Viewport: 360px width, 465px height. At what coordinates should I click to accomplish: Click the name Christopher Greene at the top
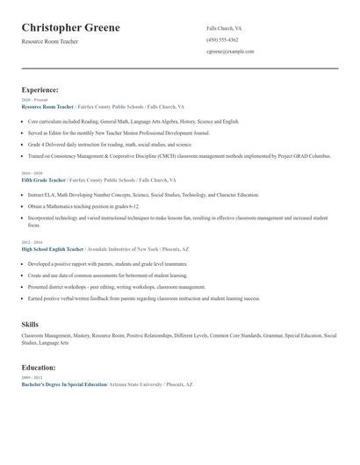click(71, 28)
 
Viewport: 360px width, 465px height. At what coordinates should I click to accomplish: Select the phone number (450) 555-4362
click(222, 39)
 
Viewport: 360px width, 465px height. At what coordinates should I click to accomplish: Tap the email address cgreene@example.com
click(230, 52)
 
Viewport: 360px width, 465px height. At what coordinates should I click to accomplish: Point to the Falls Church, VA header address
click(224, 28)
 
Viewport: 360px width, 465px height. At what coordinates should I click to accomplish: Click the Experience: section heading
click(40, 89)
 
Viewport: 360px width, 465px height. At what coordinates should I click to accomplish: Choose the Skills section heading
click(30, 325)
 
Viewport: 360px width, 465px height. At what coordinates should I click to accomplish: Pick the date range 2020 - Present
click(31, 100)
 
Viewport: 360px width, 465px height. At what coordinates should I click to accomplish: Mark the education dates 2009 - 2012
click(32, 378)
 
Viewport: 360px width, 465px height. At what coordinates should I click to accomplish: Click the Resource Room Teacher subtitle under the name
click(50, 41)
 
